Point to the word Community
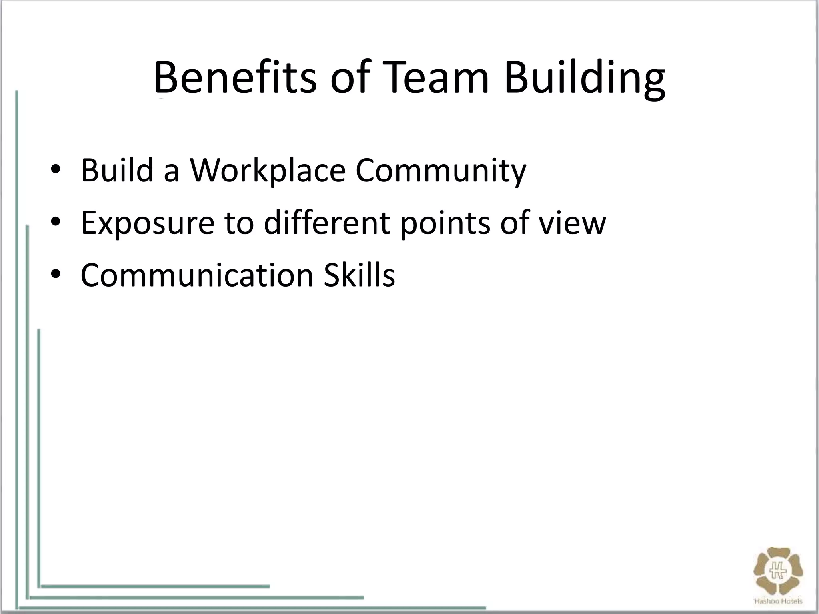441,171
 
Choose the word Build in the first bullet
117,171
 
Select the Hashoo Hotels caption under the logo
778,601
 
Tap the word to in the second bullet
239,223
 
